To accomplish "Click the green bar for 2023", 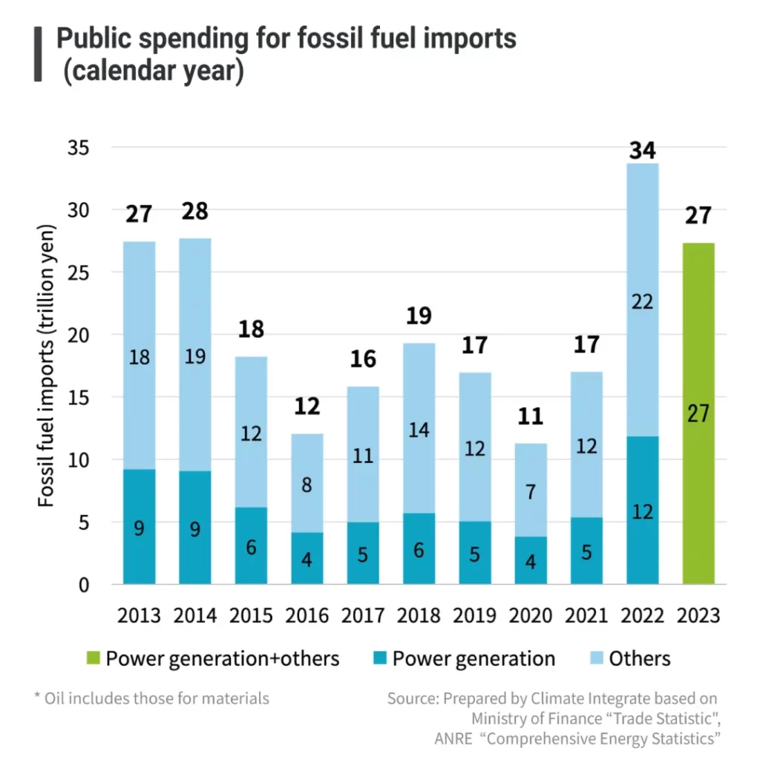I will [x=698, y=413].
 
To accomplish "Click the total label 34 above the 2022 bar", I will [x=642, y=151].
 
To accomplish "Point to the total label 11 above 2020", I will [x=530, y=416].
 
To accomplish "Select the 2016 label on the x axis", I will [x=307, y=615].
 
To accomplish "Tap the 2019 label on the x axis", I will [x=474, y=615].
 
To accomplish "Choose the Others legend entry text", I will [x=639, y=658].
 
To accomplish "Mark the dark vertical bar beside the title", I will [x=37, y=54].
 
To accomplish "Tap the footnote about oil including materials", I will [x=152, y=698].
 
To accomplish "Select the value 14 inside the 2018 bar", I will [x=419, y=430].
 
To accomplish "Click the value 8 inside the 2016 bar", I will [x=307, y=485].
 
